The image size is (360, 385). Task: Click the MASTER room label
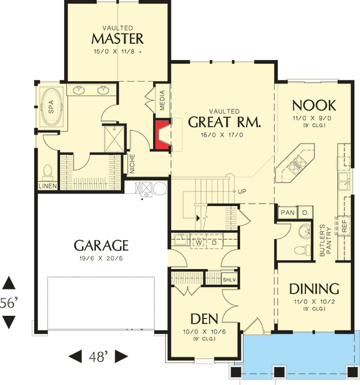(117, 39)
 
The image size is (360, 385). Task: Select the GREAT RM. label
(224, 123)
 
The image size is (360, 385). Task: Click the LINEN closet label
(47, 186)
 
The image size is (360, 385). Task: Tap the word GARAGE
(101, 245)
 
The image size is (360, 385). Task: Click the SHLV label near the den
(229, 280)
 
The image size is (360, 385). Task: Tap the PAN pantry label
(287, 212)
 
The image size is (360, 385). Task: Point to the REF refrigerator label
(344, 225)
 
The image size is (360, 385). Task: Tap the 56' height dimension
(8, 304)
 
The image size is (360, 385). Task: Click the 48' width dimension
(98, 357)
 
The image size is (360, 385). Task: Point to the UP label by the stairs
(242, 192)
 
